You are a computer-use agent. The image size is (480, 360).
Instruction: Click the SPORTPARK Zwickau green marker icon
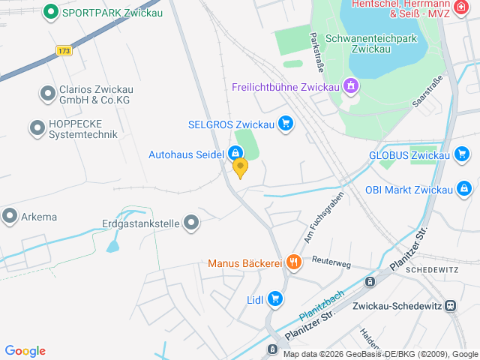pyautogui.click(x=51, y=12)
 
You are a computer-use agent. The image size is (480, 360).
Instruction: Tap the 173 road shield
pyautogui.click(x=64, y=51)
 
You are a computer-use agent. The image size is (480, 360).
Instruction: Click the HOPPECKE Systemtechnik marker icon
pyautogui.click(x=37, y=128)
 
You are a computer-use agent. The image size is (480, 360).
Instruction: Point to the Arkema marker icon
pyautogui.click(x=10, y=217)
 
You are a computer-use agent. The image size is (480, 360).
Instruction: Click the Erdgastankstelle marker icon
pyautogui.click(x=192, y=223)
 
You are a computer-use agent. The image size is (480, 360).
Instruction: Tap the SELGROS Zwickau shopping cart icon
pyautogui.click(x=285, y=124)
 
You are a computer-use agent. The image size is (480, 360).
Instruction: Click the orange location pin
pyautogui.click(x=240, y=167)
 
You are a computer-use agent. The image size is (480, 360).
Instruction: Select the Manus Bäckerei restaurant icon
pyautogui.click(x=293, y=263)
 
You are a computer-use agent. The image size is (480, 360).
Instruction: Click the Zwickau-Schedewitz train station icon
pyautogui.click(x=450, y=305)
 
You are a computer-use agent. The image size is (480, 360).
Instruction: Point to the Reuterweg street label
pyautogui.click(x=331, y=262)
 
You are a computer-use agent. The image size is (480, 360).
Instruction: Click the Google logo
pyautogui.click(x=25, y=351)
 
